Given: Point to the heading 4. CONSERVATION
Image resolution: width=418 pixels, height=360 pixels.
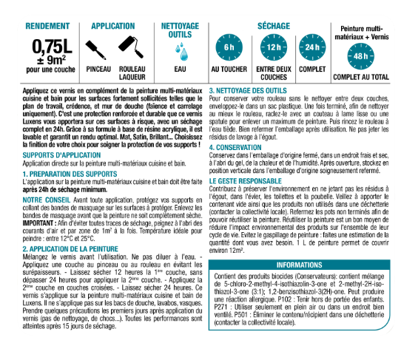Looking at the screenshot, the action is pyautogui.click(x=247, y=148).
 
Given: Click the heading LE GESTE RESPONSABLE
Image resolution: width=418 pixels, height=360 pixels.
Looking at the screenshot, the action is pyautogui.click(x=256, y=180).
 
